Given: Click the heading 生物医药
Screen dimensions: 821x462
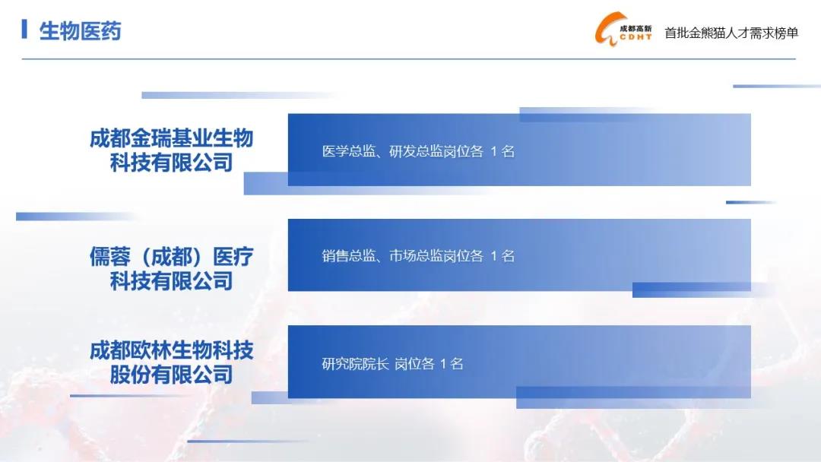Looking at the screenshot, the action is pos(80,31).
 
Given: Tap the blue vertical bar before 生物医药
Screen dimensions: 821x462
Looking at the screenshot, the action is pos(24,30).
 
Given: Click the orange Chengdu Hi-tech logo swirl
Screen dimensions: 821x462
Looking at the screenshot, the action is pos(606,30).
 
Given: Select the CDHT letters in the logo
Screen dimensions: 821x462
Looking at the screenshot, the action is pos(636,37).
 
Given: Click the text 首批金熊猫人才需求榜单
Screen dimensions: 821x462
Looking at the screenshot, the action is pos(731,33).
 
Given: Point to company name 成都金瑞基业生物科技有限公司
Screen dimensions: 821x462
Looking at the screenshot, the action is pos(171,150).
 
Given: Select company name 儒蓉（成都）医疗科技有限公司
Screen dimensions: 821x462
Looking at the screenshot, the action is pos(171,268).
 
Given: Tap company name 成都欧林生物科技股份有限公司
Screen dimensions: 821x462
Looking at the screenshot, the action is pos(171,362).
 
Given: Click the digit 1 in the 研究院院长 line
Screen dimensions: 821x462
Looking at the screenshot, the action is pos(443,364).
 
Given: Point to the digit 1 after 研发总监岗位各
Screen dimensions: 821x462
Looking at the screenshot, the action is pos(493,152).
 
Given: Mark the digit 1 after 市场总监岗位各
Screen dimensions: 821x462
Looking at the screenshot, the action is pos(493,256).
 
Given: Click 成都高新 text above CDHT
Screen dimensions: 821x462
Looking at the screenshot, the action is pos(636,28).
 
